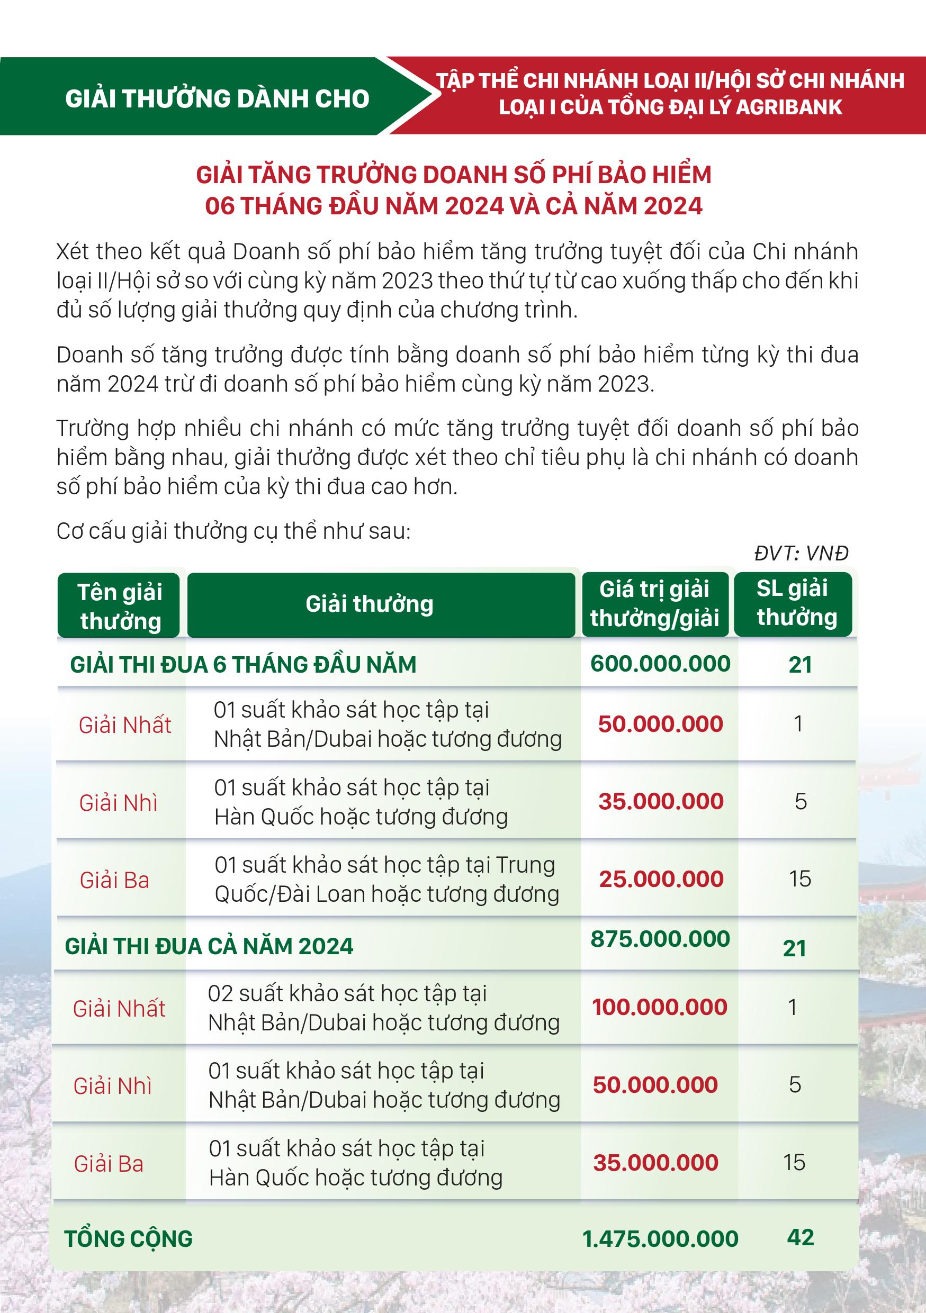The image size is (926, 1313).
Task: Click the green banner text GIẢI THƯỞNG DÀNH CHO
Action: pos(218,99)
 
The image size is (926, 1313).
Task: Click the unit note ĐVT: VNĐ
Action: pos(801,553)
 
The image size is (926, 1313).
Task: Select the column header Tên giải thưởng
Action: pos(120,606)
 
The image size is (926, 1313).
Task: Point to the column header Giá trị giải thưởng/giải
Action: pos(654,603)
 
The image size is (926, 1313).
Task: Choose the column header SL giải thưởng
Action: pos(796,602)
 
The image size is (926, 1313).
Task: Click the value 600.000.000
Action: pos(660,663)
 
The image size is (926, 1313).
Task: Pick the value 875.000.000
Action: pos(660,938)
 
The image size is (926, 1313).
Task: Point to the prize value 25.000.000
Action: pos(661,879)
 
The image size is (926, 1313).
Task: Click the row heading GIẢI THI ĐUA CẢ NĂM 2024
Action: pos(209,946)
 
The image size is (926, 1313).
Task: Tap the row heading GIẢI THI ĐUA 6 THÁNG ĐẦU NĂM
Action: pos(243,665)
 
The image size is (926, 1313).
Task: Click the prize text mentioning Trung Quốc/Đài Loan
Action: pos(386,880)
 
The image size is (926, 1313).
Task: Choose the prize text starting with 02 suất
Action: pos(383,1008)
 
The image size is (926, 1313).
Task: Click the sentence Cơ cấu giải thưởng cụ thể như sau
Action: pos(233,531)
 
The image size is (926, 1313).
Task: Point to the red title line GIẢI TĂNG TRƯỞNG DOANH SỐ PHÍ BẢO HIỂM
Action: pos(454,175)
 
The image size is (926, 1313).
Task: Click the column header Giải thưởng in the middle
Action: pos(370,604)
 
